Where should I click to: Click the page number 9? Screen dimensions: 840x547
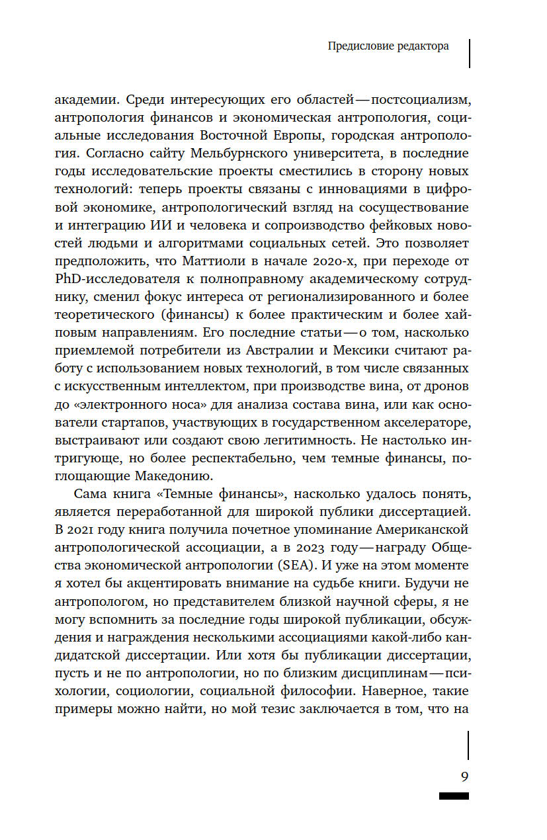[x=464, y=777]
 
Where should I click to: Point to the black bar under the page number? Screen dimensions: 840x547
[x=454, y=796]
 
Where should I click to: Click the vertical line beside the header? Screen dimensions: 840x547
[x=469, y=53]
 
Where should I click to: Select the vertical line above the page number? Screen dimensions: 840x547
[x=468, y=745]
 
